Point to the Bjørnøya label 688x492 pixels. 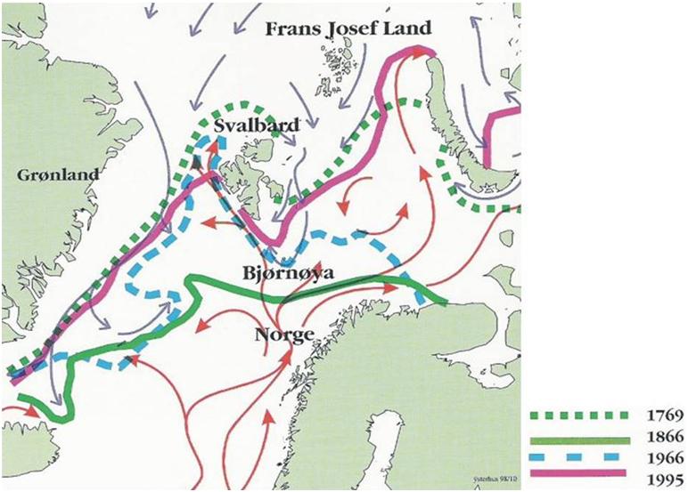pyautogui.click(x=286, y=273)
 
